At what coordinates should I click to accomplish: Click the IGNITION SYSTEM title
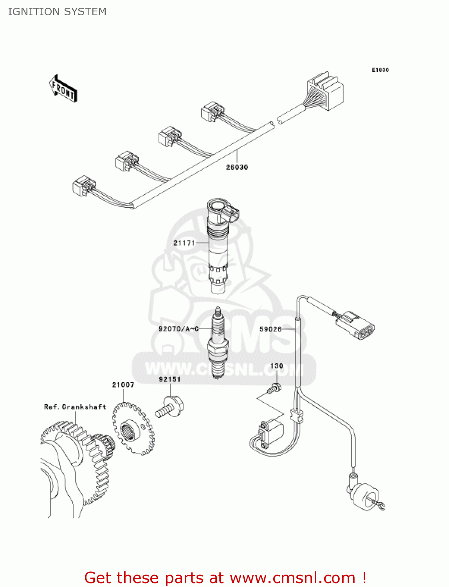click(57, 12)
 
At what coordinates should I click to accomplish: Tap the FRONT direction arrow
click(63, 89)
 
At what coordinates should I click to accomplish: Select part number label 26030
click(237, 167)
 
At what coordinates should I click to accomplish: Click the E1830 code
click(380, 70)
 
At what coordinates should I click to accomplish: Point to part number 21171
click(184, 243)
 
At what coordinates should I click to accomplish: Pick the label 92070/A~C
click(179, 329)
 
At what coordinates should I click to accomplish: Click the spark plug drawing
click(218, 344)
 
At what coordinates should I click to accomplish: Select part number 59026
click(270, 329)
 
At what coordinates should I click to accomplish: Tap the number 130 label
click(276, 366)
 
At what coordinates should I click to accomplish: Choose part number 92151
click(170, 379)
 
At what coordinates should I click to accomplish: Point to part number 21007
click(123, 385)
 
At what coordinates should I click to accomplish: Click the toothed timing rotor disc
click(133, 429)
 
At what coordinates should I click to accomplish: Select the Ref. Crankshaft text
click(75, 407)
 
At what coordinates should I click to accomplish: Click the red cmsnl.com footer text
click(225, 578)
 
